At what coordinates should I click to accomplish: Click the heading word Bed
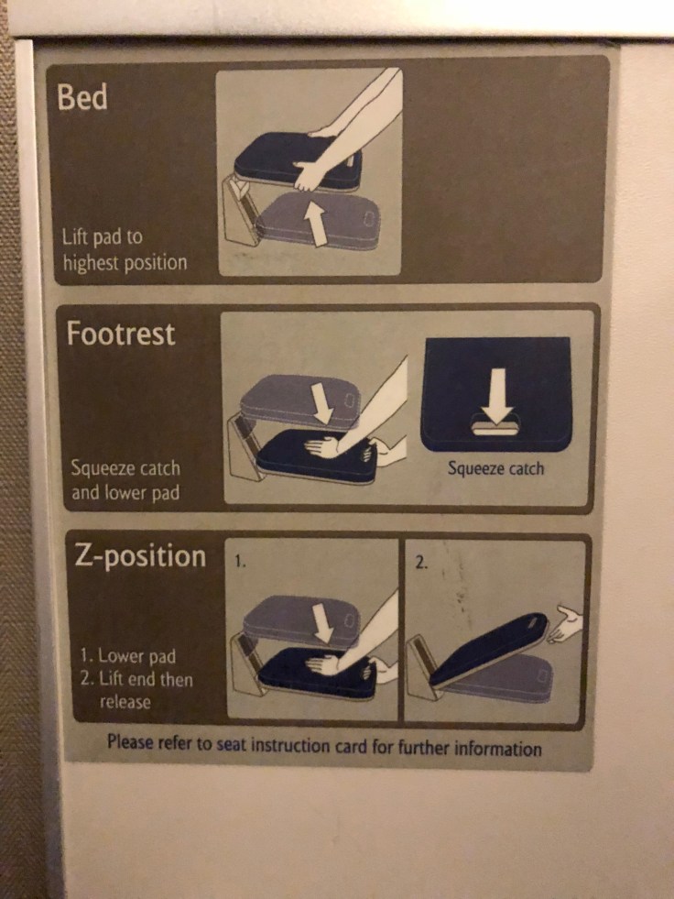[82, 98]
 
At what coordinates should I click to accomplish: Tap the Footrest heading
[120, 334]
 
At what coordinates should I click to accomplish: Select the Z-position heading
[140, 556]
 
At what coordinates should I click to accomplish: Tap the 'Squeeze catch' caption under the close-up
[495, 468]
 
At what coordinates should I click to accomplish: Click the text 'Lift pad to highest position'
[124, 249]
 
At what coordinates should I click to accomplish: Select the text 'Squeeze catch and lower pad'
[125, 480]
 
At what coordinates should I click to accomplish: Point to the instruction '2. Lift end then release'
[138, 690]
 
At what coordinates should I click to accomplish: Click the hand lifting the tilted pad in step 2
[565, 625]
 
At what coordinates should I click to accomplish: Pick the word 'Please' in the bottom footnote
[129, 742]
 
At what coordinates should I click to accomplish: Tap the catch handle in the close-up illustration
[495, 428]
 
